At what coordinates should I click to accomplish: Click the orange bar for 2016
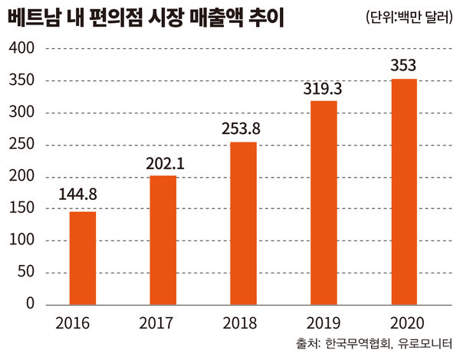click(x=83, y=257)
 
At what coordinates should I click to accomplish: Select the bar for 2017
click(x=163, y=239)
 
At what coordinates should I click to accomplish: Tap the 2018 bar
click(x=243, y=223)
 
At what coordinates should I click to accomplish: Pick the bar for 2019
click(x=324, y=201)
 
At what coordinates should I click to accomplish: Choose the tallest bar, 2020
click(x=404, y=191)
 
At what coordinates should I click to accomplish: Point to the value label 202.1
click(x=163, y=164)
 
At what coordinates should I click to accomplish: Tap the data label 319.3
click(x=324, y=89)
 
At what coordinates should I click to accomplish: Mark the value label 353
click(x=404, y=67)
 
